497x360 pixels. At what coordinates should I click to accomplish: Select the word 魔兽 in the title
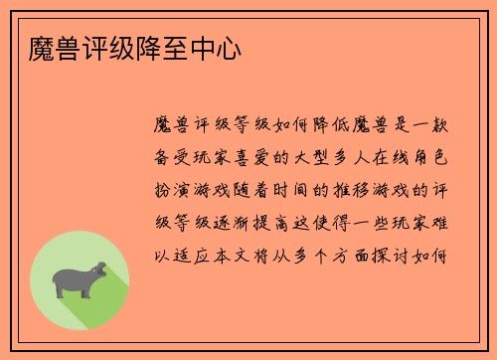(41, 48)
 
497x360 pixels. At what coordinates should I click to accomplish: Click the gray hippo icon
(79, 279)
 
